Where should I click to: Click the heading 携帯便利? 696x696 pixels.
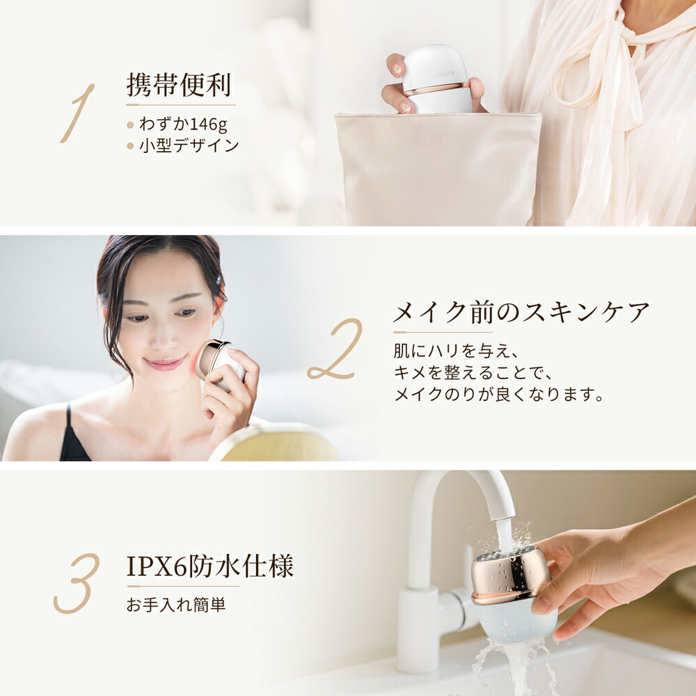coord(179,86)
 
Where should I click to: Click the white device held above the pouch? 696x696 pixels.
coord(436,79)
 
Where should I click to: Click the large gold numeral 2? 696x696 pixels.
coord(335,349)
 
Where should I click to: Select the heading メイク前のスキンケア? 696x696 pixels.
coord(521,313)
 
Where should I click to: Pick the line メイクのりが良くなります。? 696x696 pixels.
coord(498,395)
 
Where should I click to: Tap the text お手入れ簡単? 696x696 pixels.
coord(176,605)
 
